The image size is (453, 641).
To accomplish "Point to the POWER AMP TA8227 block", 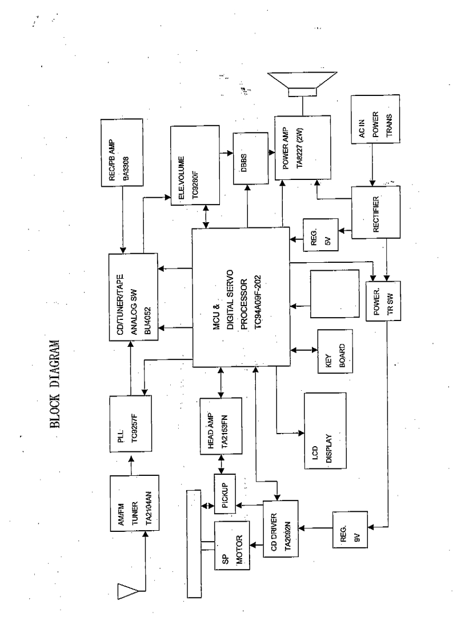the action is [302, 148].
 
